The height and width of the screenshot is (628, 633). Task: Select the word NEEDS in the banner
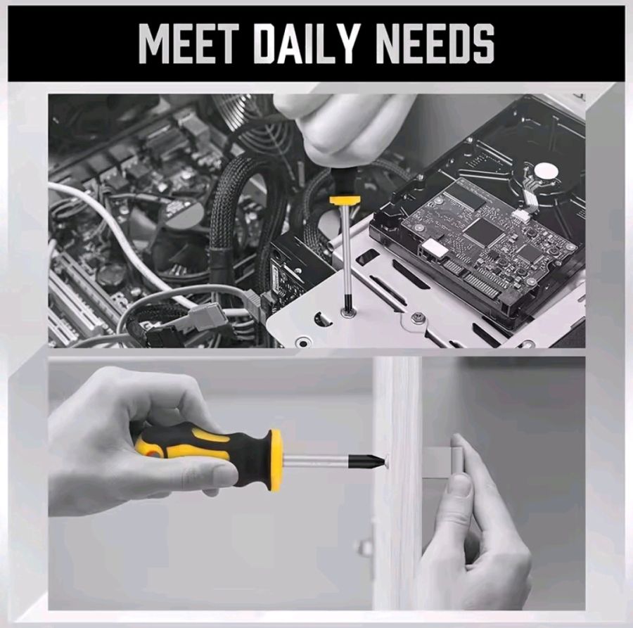(x=435, y=43)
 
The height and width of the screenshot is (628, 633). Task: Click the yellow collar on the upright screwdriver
(x=345, y=200)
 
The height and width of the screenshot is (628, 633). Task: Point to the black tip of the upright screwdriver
(x=346, y=302)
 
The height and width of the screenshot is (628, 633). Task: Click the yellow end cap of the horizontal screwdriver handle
(x=275, y=460)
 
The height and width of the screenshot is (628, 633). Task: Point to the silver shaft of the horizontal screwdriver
(x=315, y=461)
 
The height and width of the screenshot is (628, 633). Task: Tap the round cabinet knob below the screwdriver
(x=364, y=547)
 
